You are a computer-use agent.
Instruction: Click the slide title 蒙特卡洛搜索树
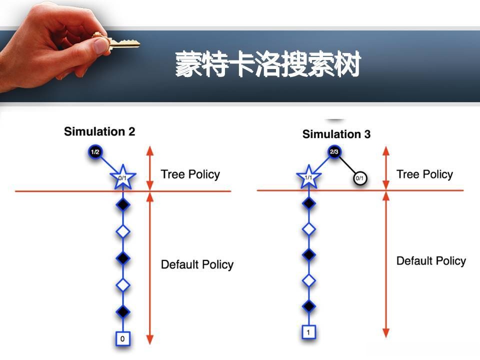[x=267, y=65]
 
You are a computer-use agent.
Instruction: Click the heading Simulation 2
[x=99, y=132]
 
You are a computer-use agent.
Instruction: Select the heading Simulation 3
[x=336, y=134]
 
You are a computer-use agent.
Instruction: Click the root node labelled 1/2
[x=94, y=151]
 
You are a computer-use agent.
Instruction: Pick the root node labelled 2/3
[x=334, y=151]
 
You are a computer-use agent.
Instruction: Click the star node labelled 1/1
[x=308, y=177]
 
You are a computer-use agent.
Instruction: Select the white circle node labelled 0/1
[x=359, y=178]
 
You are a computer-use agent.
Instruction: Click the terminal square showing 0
[x=123, y=339]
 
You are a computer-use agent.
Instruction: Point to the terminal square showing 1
[x=309, y=332]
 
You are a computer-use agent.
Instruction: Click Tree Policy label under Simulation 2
[x=190, y=174]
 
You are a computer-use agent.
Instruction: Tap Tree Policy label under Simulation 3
[x=424, y=174]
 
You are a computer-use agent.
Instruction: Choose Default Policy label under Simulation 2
[x=197, y=264]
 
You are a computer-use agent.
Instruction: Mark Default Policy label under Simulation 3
[x=431, y=261]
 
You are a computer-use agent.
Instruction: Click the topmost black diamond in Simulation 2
[x=123, y=205]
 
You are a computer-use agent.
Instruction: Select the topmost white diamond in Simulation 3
[x=309, y=229]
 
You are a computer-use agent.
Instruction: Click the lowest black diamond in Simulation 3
[x=309, y=305]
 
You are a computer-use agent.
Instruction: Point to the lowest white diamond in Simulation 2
[x=123, y=285]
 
